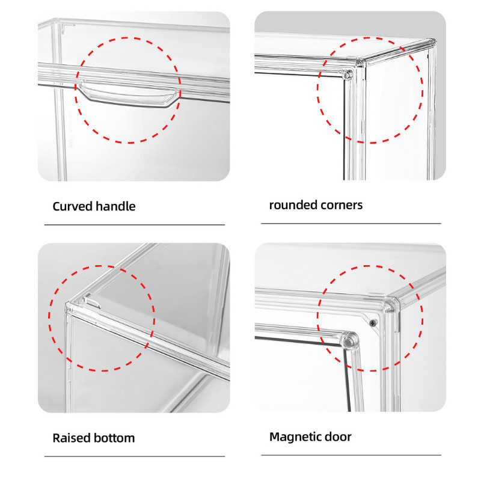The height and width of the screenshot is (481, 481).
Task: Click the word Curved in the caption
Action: pos(73,206)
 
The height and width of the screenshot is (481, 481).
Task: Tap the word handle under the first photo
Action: pos(115,206)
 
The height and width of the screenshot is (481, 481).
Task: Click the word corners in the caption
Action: pos(339,205)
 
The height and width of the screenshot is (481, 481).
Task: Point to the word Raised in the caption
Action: pos(72,438)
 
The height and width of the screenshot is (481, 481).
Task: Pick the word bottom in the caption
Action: pos(114,438)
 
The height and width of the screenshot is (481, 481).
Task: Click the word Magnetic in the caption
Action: pos(298,437)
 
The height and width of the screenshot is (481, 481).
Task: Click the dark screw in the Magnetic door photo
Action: pos(373,322)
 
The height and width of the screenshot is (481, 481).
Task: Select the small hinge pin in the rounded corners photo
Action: pos(348,75)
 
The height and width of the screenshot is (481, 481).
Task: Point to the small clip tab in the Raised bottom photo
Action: pos(91,302)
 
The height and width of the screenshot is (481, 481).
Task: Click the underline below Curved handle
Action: pos(135,225)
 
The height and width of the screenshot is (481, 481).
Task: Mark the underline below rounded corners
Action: pos(351,224)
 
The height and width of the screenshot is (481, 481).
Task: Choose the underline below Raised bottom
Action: pos(135,456)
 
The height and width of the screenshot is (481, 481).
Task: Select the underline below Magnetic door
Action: pos(351,455)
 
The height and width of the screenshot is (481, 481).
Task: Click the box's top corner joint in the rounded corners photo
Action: pos(360,63)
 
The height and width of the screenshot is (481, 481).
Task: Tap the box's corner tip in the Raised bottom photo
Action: pos(68,305)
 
